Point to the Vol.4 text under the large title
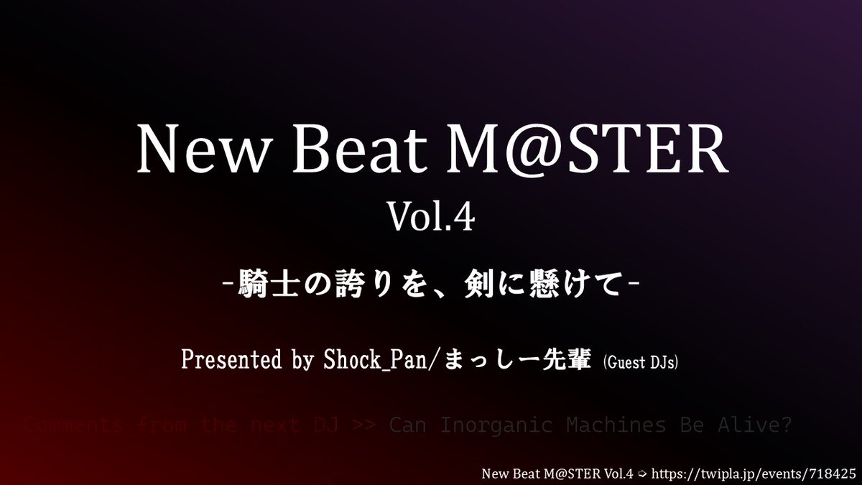point(431,217)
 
